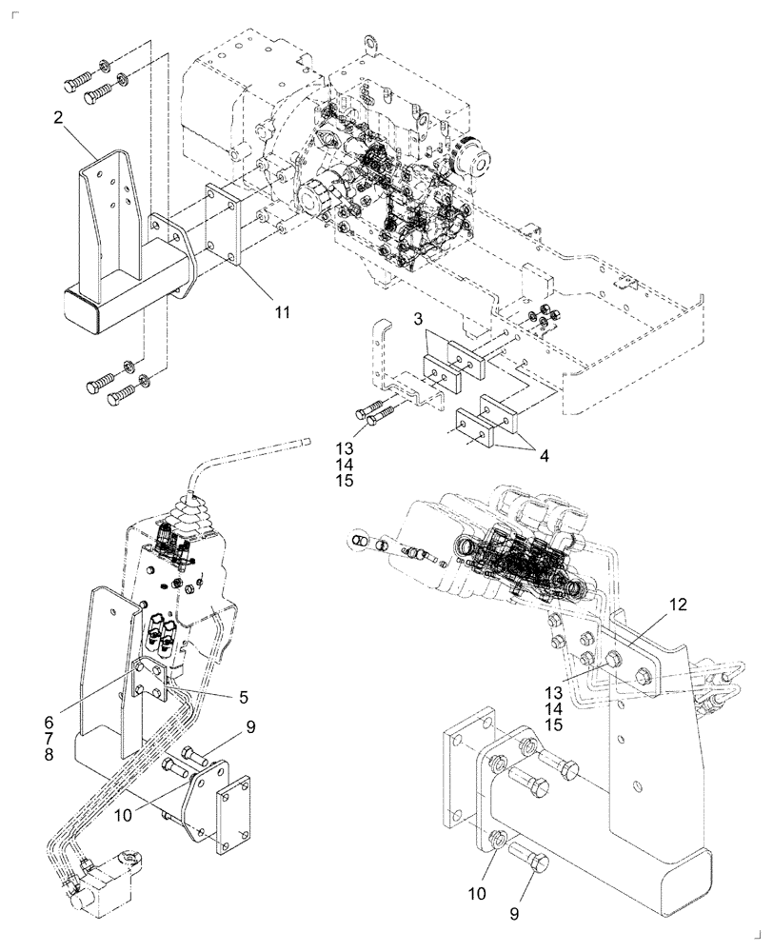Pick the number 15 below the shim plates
pos(344,481)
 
